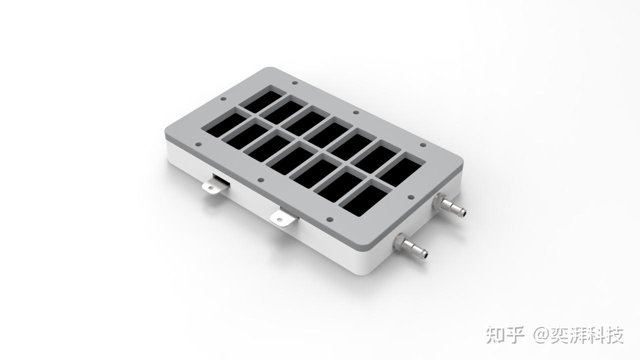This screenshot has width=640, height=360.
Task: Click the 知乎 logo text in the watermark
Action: pos(505,334)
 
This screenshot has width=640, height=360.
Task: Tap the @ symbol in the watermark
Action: pos(540,335)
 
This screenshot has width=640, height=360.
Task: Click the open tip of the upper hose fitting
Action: pos(464,213)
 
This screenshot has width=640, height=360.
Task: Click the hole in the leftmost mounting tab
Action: pos(211,187)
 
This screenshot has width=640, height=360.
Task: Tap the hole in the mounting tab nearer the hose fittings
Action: pos(279,219)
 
